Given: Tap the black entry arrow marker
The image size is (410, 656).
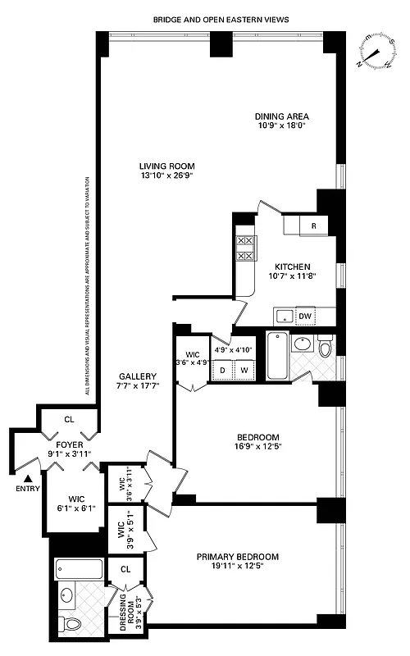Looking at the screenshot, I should [x=29, y=478].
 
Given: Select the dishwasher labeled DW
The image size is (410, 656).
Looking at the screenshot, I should [x=304, y=316].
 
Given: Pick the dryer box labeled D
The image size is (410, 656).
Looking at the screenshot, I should [x=221, y=371].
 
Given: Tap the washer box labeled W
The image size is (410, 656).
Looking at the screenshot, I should [x=244, y=371].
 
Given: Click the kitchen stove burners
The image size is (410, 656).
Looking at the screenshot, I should [x=244, y=248].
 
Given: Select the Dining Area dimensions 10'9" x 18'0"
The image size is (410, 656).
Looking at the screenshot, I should [x=281, y=127].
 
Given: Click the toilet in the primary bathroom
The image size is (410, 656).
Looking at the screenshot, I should [x=72, y=625].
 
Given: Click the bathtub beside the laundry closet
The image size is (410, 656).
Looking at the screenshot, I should [x=277, y=356].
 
